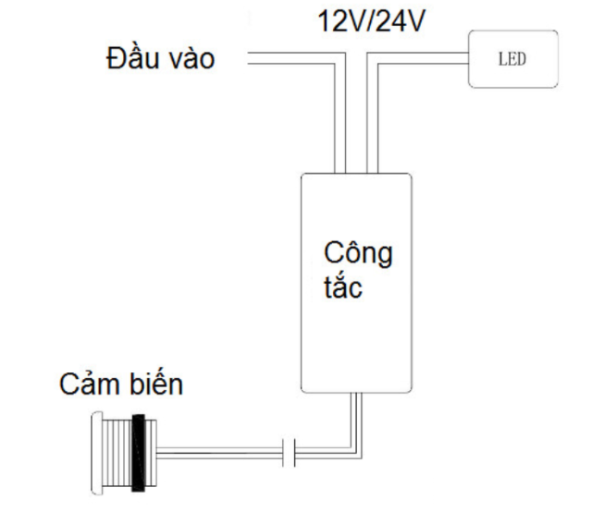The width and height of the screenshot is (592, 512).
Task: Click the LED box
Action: pos(513,59)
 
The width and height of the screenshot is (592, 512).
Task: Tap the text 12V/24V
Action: pos(372,21)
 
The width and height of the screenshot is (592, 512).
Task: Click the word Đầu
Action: pos(132,57)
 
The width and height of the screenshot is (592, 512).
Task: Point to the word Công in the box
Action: pos(358,253)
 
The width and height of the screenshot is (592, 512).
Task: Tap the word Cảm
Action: pos(89,384)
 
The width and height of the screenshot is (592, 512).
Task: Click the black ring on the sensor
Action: pos(139,453)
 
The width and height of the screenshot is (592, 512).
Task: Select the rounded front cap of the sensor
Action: pos(97,453)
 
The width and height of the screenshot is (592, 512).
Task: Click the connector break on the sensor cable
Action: pos(289,453)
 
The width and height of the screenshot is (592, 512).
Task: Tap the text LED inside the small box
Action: pos(512,59)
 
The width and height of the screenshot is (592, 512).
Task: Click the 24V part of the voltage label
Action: pos(401,21)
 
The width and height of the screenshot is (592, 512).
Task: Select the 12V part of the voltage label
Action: pos(339,21)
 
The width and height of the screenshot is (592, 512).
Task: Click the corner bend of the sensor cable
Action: pos(356,453)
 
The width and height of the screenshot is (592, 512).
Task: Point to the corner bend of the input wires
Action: pos(340,58)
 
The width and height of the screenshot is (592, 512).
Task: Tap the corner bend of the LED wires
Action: pos(372,58)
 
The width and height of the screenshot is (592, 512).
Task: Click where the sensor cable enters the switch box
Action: pos(356,393)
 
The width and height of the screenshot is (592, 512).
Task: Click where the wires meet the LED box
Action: pos(469,58)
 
